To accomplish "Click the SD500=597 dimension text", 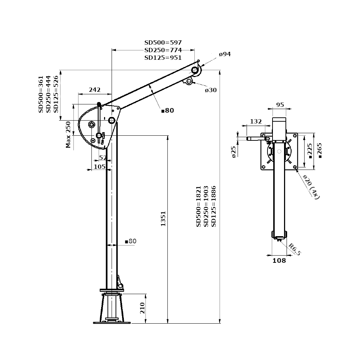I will pyautogui.click(x=163, y=42).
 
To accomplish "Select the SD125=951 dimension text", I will pyautogui.click(x=163, y=58).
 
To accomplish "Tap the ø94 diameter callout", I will pyautogui.click(x=225, y=54).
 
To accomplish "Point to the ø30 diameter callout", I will pyautogui.click(x=211, y=90).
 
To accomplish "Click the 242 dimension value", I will pyautogui.click(x=95, y=90).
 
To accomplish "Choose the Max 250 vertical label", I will pyautogui.click(x=68, y=135).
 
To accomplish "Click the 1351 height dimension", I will pyautogui.click(x=163, y=219).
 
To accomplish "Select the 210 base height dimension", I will pyautogui.click(x=142, y=309).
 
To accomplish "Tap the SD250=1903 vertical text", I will pyautogui.click(x=206, y=206).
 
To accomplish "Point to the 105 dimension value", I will pyautogui.click(x=99, y=166).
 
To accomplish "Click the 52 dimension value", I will pyautogui.click(x=103, y=158).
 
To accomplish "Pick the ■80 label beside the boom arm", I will pyautogui.click(x=167, y=111).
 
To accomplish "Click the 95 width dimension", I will pyautogui.click(x=280, y=105).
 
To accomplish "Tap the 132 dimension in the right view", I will pyautogui.click(x=256, y=121).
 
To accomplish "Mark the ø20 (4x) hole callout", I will pyautogui.click(x=311, y=186).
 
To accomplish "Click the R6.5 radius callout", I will pyautogui.click(x=294, y=249).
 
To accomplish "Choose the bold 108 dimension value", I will pyautogui.click(x=279, y=260).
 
